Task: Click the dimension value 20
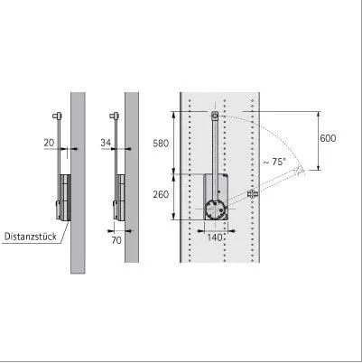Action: coord(49,143)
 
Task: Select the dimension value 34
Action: coord(106,143)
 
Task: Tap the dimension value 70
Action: coord(116,240)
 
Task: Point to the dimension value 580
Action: coord(161,144)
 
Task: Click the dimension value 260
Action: coord(161,195)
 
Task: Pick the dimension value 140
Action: coord(215,237)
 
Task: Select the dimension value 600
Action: coord(328,138)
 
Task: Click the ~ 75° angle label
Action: coord(274,162)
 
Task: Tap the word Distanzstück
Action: coord(31,237)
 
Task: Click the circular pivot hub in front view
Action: coord(215,209)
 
